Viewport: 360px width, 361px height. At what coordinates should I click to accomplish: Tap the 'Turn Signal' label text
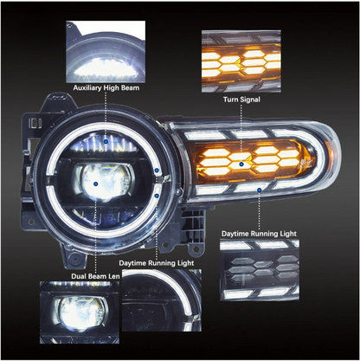[x=243, y=100]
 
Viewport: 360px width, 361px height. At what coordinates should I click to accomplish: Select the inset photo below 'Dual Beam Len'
[x=76, y=308]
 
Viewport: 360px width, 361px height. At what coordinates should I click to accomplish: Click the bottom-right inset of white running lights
[x=259, y=270]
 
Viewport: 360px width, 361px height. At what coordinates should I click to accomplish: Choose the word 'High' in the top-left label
[x=113, y=89]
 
